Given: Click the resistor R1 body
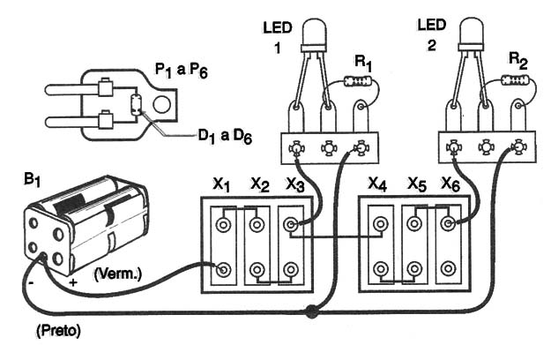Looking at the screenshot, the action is (358, 81).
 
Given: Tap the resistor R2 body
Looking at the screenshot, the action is (515, 79).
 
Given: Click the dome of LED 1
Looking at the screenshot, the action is (314, 32).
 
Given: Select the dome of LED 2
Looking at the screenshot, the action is (472, 31).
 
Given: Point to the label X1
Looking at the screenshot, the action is (221, 184).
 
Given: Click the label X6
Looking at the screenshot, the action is (450, 184).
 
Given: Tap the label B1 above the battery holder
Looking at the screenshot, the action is (32, 180).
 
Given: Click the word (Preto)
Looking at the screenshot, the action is (58, 331).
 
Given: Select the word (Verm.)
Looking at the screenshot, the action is (118, 274).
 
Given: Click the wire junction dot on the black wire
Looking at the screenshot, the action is (311, 311).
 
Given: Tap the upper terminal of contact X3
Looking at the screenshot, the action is (291, 224).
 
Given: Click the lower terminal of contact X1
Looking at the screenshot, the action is (223, 270).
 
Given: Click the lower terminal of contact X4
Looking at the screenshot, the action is (380, 269).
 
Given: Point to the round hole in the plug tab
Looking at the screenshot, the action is (162, 104).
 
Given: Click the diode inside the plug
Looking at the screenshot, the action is (136, 104).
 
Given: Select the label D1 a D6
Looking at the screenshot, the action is (226, 137).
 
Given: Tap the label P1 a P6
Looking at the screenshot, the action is (182, 71).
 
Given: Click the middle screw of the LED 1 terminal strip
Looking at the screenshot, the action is (329, 148).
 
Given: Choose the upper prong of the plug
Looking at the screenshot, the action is (72, 89).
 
